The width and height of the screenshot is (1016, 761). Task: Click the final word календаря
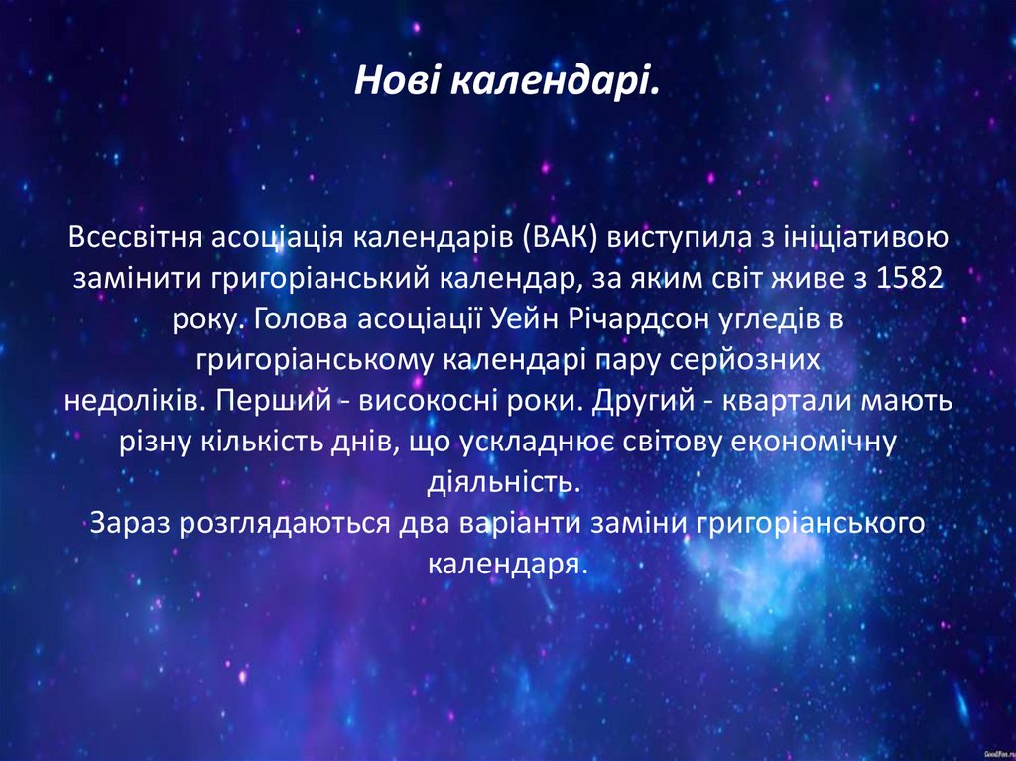click(507, 564)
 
